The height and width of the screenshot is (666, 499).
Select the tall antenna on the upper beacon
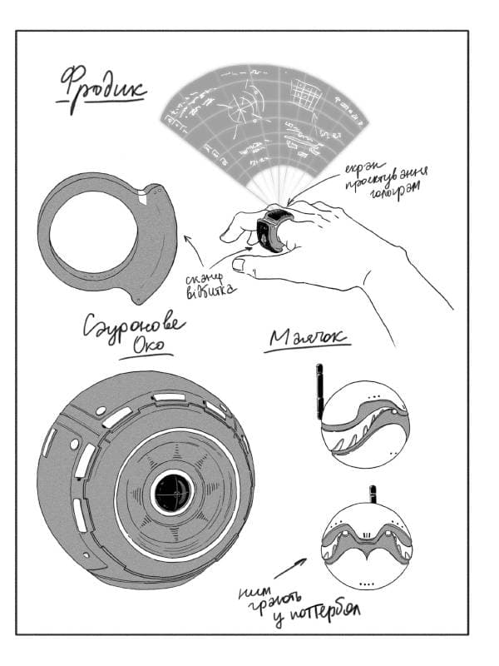coord(319,390)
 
